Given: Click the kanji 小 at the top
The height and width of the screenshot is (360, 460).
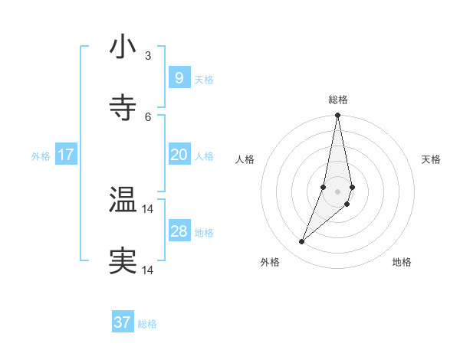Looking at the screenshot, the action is (123, 47).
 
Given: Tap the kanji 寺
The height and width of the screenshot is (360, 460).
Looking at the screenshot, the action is (123, 108).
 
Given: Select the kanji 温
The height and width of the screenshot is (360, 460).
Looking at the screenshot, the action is (123, 200).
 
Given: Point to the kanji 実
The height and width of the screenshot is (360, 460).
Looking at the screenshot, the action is (123, 261).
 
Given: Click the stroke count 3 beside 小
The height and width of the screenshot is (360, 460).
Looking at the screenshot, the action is (148, 55).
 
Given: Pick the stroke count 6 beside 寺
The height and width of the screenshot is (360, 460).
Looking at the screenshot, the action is (148, 116).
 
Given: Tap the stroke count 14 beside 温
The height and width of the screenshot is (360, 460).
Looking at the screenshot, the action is (148, 208).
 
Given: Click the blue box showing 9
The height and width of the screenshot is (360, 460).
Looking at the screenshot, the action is (179, 78).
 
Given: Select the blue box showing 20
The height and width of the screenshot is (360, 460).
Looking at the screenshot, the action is (179, 155).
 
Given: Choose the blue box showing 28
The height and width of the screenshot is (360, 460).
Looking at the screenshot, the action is (179, 231).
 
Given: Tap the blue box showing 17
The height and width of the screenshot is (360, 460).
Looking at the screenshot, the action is (66, 155).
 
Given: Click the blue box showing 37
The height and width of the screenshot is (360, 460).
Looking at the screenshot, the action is (122, 322).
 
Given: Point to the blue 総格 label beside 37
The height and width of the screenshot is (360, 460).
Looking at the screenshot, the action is (147, 324).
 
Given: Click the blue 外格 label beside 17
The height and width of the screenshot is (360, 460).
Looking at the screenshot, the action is (41, 156).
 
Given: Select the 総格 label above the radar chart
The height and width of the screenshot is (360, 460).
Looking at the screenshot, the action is (338, 100).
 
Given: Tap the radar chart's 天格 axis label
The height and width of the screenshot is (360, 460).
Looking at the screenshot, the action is (432, 159).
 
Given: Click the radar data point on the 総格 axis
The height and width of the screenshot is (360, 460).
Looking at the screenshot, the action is (337, 116).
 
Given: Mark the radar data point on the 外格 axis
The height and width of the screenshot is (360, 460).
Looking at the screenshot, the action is (301, 242).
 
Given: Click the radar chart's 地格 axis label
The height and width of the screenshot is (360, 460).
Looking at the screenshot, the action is (402, 262).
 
